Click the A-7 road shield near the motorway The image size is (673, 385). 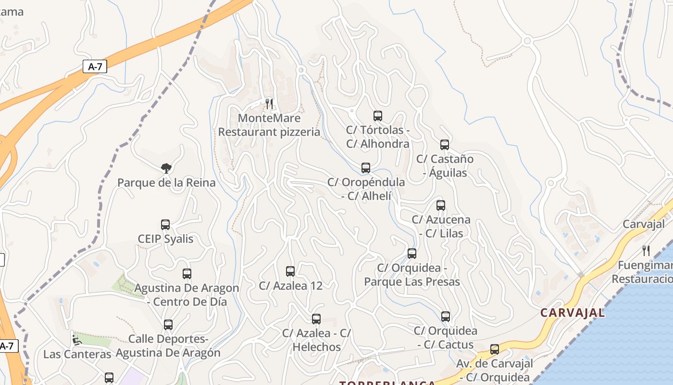pyautogui.click(x=95, y=66)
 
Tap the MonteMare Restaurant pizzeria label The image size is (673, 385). pyautogui.click(x=269, y=125)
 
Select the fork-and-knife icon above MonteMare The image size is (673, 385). pyautogui.click(x=269, y=103)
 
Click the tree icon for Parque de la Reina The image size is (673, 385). pyautogui.click(x=166, y=168)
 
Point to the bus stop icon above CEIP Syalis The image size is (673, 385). pyautogui.click(x=165, y=225)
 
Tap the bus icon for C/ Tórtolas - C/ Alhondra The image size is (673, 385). pyautogui.click(x=378, y=116)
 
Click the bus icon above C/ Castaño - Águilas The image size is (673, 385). pyautogui.click(x=445, y=145)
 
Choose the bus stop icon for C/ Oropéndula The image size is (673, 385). pyautogui.click(x=366, y=168)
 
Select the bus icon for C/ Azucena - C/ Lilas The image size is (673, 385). pyautogui.click(x=441, y=205)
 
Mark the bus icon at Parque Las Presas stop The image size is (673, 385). pyautogui.click(x=412, y=254)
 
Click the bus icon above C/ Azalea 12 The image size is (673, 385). pyautogui.click(x=290, y=271)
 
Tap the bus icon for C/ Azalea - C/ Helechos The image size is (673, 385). pyautogui.click(x=316, y=319)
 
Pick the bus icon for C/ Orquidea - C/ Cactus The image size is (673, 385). pyautogui.click(x=446, y=317)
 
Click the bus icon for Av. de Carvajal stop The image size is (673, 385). pyautogui.click(x=495, y=349)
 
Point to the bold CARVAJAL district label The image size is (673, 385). pyautogui.click(x=573, y=313)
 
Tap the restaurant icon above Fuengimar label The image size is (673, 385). pyautogui.click(x=646, y=250)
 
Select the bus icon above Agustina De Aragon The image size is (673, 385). pyautogui.click(x=187, y=274)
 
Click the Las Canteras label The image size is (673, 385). pyautogui.click(x=77, y=354)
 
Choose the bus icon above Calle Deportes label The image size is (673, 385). pyautogui.click(x=168, y=325)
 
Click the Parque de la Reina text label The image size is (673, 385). pyautogui.click(x=166, y=183)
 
